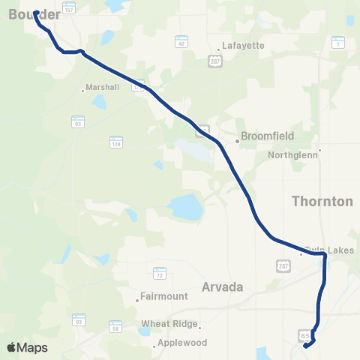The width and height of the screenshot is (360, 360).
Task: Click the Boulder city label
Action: [34, 15]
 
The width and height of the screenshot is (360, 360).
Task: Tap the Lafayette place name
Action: [243, 45]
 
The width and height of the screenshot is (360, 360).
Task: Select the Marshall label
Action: [103, 87]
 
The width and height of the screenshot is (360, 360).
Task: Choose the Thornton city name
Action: [321, 201]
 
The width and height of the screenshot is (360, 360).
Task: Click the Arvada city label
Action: [223, 286]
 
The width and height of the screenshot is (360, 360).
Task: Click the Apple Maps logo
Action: [27, 347]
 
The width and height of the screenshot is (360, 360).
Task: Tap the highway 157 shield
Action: [69, 7]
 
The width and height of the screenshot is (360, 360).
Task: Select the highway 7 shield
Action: [338, 43]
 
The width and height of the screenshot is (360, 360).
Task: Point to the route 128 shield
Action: [115, 140]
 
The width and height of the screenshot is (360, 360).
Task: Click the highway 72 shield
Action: [159, 273]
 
